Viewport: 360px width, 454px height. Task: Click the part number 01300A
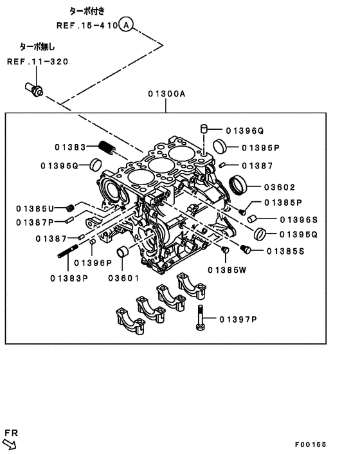[166, 94]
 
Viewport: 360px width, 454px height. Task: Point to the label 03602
[279, 188]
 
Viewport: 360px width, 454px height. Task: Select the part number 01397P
[239, 319]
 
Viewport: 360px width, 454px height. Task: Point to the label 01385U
[37, 208]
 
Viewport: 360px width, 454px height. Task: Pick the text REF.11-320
[37, 62]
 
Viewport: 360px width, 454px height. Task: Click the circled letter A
[127, 25]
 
